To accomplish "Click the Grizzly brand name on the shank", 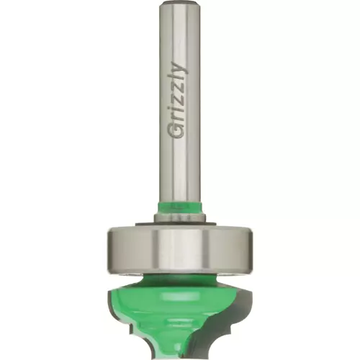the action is click(178, 100).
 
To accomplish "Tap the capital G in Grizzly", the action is click(177, 131).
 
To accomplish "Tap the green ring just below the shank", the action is click(179, 207).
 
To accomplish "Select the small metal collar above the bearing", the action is click(179, 218).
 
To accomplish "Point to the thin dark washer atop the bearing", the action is click(178, 224).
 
